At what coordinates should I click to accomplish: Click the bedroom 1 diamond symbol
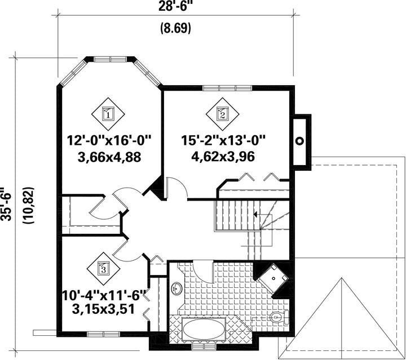[108, 114]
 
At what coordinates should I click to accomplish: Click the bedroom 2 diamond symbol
[222, 114]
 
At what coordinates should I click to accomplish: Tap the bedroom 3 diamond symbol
[103, 269]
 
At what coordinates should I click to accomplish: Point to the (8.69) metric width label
[176, 28]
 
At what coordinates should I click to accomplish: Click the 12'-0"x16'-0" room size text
[109, 141]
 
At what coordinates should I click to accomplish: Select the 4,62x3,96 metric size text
[223, 157]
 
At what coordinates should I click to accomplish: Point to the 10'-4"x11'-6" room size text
[104, 295]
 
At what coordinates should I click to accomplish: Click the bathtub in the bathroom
[204, 329]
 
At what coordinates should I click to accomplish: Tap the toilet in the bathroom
[279, 316]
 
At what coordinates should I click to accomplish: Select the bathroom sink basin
[177, 288]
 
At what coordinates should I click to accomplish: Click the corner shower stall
[273, 279]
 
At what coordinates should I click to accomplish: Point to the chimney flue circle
[300, 141]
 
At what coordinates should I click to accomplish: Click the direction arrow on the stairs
[255, 215]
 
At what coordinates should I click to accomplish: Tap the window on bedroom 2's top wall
[227, 88]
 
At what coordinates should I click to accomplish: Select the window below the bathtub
[204, 347]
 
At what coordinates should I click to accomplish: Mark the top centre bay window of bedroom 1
[111, 59]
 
